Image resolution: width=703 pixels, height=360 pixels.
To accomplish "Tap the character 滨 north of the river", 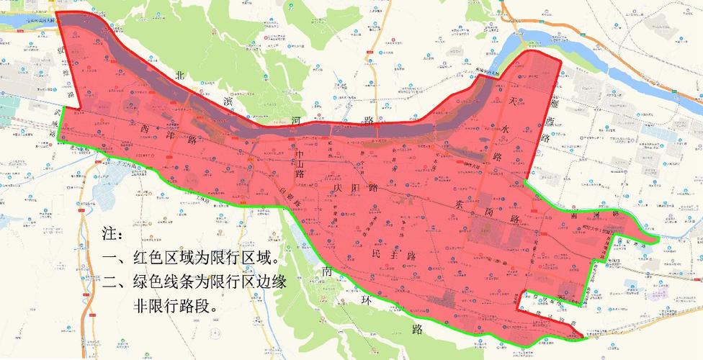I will [230, 101].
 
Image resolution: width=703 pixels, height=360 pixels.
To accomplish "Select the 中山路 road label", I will [301, 163].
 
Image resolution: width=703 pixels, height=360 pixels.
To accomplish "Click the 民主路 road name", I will [393, 256].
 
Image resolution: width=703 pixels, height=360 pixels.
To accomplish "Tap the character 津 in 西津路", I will [171, 134].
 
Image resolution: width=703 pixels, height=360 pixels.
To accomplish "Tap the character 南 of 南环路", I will [328, 271].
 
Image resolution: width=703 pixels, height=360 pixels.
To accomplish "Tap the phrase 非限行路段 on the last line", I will [175, 305].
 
